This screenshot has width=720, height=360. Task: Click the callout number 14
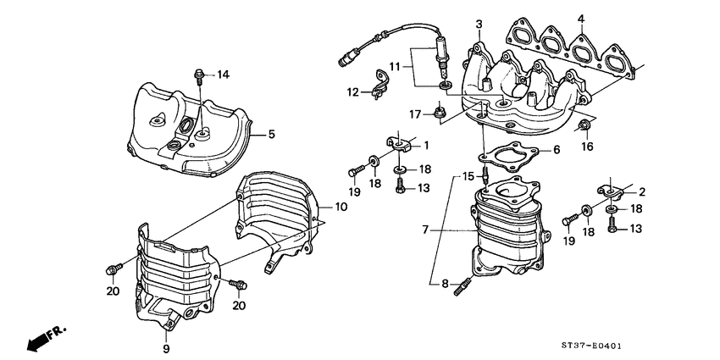(223, 75)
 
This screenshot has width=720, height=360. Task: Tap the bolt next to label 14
(200, 75)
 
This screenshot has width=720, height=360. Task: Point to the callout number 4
(581, 18)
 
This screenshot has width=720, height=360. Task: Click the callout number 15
(466, 176)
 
